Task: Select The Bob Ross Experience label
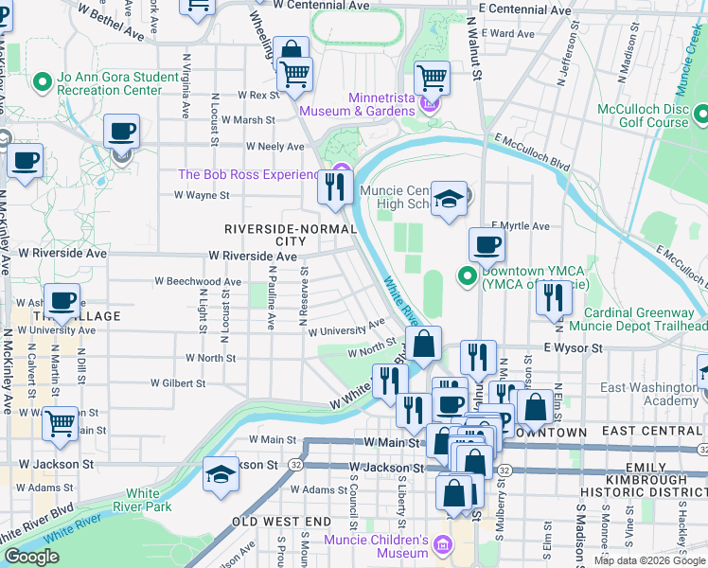[x=249, y=174]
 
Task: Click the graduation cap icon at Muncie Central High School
[x=450, y=200]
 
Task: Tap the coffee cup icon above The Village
[x=62, y=302]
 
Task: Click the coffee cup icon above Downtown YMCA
[x=487, y=245]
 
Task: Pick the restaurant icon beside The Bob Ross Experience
[x=334, y=187]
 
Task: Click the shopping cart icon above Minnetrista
[x=431, y=77]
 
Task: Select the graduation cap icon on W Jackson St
[x=221, y=473]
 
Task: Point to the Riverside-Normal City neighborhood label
[x=279, y=236]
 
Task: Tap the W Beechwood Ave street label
[x=198, y=282]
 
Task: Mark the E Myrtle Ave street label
[x=520, y=227]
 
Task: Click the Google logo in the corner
[x=31, y=557]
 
